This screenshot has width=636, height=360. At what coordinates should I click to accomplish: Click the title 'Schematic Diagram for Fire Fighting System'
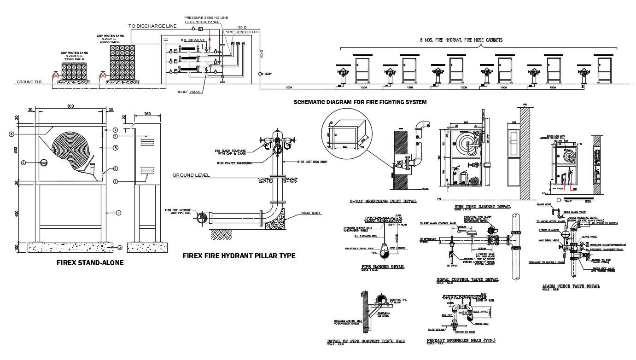pos(360,102)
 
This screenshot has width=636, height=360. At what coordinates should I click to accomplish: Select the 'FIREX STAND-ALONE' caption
pos(89,263)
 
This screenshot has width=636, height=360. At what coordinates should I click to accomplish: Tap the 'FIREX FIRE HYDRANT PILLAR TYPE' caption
pos(239,255)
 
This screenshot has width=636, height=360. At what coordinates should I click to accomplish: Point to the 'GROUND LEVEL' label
pos(191,175)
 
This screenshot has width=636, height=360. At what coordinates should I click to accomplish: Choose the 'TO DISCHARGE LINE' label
pos(152,26)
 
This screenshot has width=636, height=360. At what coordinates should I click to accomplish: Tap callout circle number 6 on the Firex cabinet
pos(11,134)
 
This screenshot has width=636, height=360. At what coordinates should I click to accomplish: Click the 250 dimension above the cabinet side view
pos(147,114)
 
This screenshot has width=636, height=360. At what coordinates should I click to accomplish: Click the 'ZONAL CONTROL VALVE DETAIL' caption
pos(467,279)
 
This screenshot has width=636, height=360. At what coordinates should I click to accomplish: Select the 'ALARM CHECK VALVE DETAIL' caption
pos(571,286)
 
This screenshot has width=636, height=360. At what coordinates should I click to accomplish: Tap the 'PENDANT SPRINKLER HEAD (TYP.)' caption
pos(461,341)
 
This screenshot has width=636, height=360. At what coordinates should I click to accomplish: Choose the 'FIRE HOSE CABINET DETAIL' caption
pos(482,207)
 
